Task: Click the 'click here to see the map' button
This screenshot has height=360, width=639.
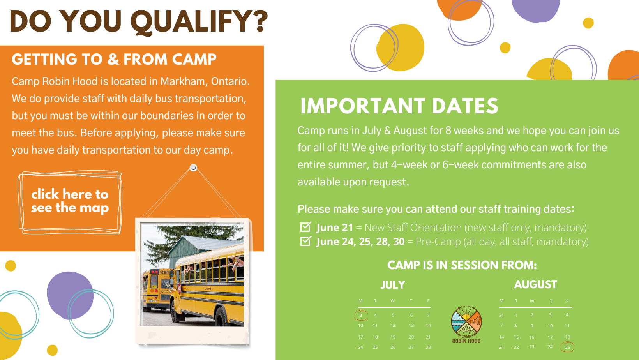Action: click(70, 201)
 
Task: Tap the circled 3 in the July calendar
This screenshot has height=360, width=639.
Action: click(361, 315)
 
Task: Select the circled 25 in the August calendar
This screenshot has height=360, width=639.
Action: click(567, 347)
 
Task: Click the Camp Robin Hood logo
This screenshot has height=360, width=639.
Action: click(466, 325)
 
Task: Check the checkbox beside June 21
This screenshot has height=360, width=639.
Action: click(305, 227)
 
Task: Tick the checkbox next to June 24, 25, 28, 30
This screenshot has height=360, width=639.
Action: click(305, 241)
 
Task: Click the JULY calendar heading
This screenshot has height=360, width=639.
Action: click(393, 285)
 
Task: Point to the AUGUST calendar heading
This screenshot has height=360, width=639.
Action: click(535, 284)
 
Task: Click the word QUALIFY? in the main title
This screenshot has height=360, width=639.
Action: click(199, 22)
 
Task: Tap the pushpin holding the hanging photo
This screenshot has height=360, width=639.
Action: click(193, 168)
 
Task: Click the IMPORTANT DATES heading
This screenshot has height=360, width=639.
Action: click(399, 106)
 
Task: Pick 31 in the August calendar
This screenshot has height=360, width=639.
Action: click(501, 315)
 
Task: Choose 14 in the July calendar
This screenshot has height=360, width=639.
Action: click(428, 325)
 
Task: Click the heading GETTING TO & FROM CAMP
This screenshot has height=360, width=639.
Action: click(114, 59)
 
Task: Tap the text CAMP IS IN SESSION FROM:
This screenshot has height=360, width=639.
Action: click(462, 265)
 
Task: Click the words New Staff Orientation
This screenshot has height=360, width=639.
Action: click(413, 228)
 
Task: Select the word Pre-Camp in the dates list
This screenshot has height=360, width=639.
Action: click(438, 242)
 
